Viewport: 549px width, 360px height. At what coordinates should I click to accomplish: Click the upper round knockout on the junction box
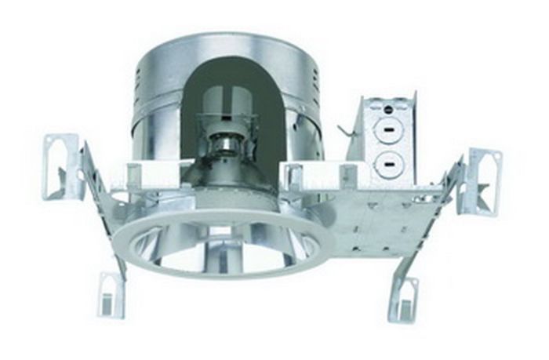click(387, 130)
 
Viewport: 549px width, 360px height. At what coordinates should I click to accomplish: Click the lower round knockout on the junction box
click(387, 164)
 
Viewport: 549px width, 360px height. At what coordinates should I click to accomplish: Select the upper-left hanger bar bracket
click(63, 165)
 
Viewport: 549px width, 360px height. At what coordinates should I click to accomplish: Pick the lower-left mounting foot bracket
click(111, 293)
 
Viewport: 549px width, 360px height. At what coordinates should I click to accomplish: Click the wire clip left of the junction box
click(344, 129)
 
